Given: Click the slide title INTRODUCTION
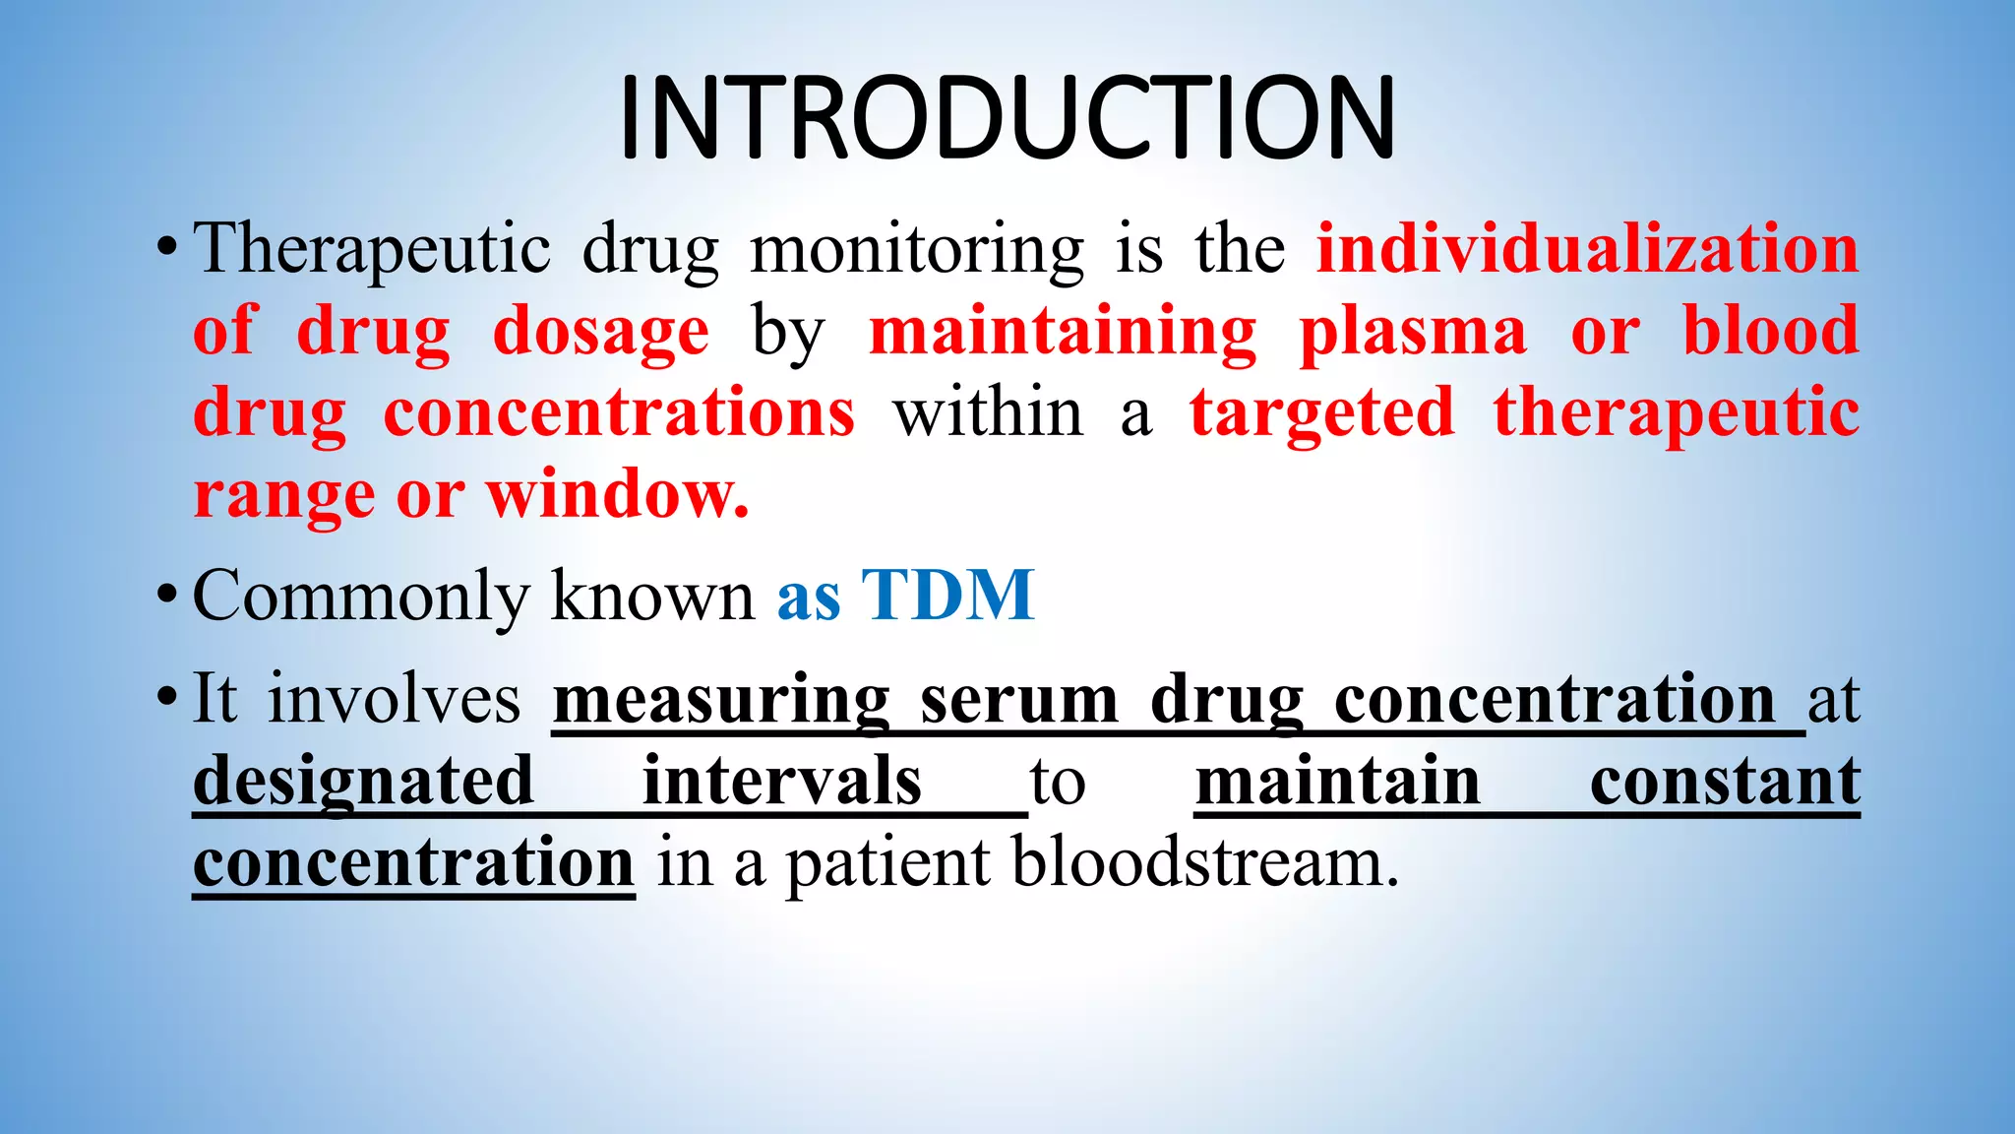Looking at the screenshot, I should (1007, 118).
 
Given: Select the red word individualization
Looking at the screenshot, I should (1587, 248).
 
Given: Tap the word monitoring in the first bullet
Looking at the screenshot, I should (917, 250).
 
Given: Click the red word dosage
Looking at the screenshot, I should (600, 332).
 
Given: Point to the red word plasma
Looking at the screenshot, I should (1413, 332).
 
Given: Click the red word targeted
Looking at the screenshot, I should (1321, 412).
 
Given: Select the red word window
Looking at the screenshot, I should (617, 494).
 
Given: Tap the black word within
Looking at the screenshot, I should (988, 412).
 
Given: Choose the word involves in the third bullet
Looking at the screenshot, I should (395, 699).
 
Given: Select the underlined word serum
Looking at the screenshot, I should (1019, 700).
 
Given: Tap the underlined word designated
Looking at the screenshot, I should (363, 782).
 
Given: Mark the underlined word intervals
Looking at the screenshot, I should (782, 781).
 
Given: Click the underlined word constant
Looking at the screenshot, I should (1725, 781).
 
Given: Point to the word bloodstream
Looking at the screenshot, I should (1204, 862).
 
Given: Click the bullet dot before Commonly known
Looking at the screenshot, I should (167, 595).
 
